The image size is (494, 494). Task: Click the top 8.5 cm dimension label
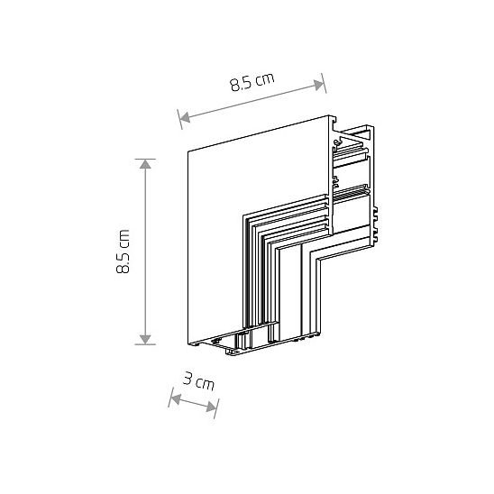pyautogui.click(x=252, y=82)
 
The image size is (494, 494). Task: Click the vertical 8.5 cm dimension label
pyautogui.click(x=123, y=252)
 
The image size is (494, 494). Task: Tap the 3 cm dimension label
pyautogui.click(x=198, y=381)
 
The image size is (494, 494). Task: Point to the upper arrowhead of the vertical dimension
pyautogui.click(x=145, y=164)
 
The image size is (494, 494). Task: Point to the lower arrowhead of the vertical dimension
pyautogui.click(x=145, y=340)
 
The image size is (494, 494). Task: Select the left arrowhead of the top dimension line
pyautogui.click(x=185, y=117)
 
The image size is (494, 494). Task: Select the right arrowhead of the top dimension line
pyautogui.click(x=319, y=85)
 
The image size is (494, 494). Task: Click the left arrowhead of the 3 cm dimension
pyautogui.click(x=175, y=399)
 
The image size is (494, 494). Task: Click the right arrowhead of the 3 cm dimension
pyautogui.click(x=212, y=407)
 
